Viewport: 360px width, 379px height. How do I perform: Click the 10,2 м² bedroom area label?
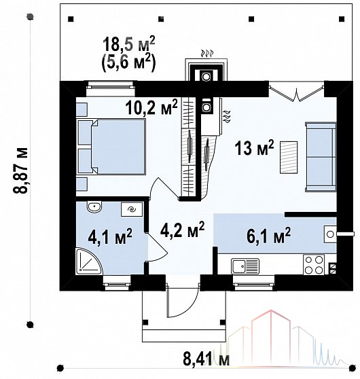[x=151, y=107]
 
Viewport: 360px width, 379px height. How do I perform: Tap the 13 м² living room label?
[x=254, y=148]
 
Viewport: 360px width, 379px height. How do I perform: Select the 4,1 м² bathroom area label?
[x=110, y=236]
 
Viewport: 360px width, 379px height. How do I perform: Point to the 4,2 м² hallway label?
[x=183, y=230]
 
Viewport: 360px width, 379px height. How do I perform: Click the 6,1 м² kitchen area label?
[x=268, y=235]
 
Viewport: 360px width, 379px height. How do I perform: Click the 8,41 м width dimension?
[x=206, y=359]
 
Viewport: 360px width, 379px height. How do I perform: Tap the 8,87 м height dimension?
[x=20, y=170]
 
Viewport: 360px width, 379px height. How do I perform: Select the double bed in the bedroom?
[x=111, y=147]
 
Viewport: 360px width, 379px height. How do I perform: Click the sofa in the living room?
[x=321, y=158]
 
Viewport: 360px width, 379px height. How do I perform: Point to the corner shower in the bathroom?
[x=89, y=261]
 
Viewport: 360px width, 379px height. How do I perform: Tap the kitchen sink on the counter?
[x=245, y=266]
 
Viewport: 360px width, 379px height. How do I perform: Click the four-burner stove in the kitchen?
[x=314, y=265]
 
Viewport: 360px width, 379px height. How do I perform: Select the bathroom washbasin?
[x=94, y=206]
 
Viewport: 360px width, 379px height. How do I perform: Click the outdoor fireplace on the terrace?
[x=206, y=70]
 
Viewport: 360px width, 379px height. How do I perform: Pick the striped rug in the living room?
[x=289, y=158]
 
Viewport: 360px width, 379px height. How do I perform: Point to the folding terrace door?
[x=296, y=93]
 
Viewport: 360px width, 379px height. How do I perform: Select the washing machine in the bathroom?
[x=132, y=209]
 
